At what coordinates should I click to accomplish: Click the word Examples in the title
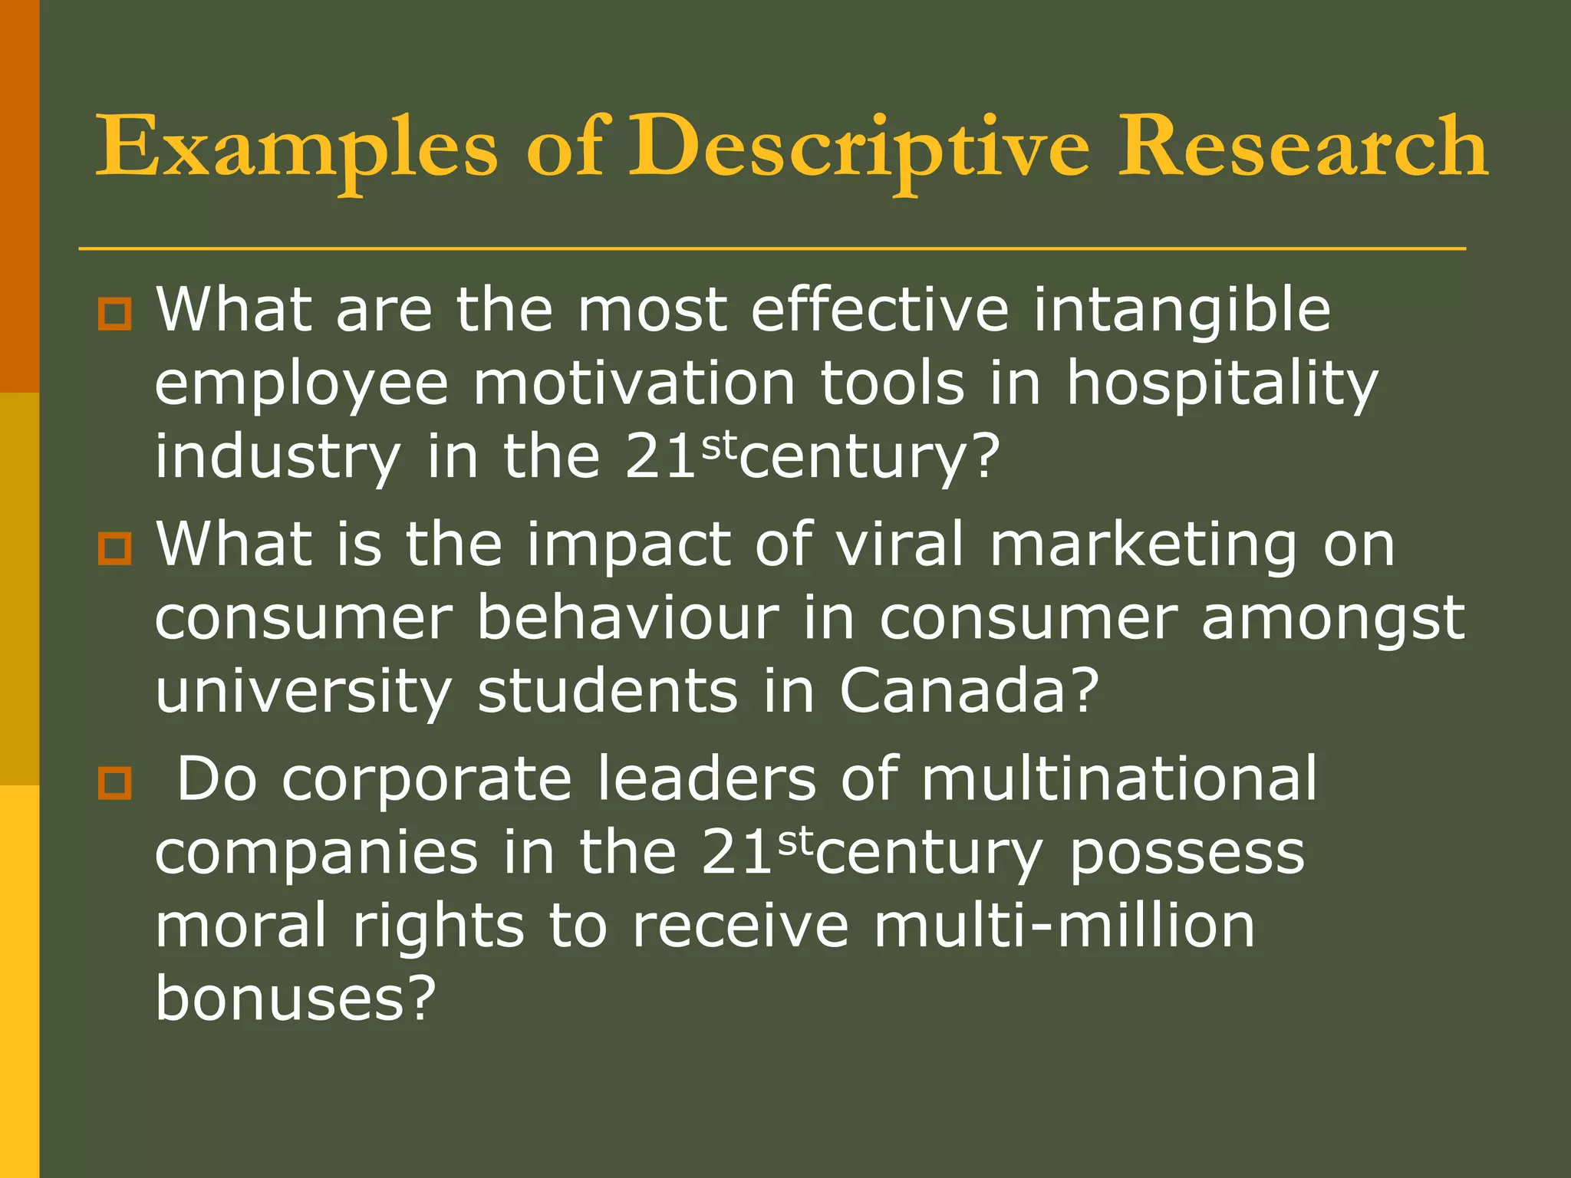(x=296, y=147)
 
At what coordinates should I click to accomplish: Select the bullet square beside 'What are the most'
(x=114, y=314)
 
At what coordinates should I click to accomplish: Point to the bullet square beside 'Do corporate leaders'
(x=114, y=783)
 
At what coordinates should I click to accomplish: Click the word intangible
(x=1181, y=311)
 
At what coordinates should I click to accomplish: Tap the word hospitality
(x=1223, y=384)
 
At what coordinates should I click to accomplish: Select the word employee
(x=301, y=384)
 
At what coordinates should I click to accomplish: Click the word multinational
(x=1118, y=779)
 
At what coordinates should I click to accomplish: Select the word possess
(x=1187, y=853)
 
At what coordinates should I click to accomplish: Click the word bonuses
(x=295, y=999)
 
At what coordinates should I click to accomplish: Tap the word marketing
(x=1143, y=545)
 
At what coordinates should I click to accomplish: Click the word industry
(x=278, y=458)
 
